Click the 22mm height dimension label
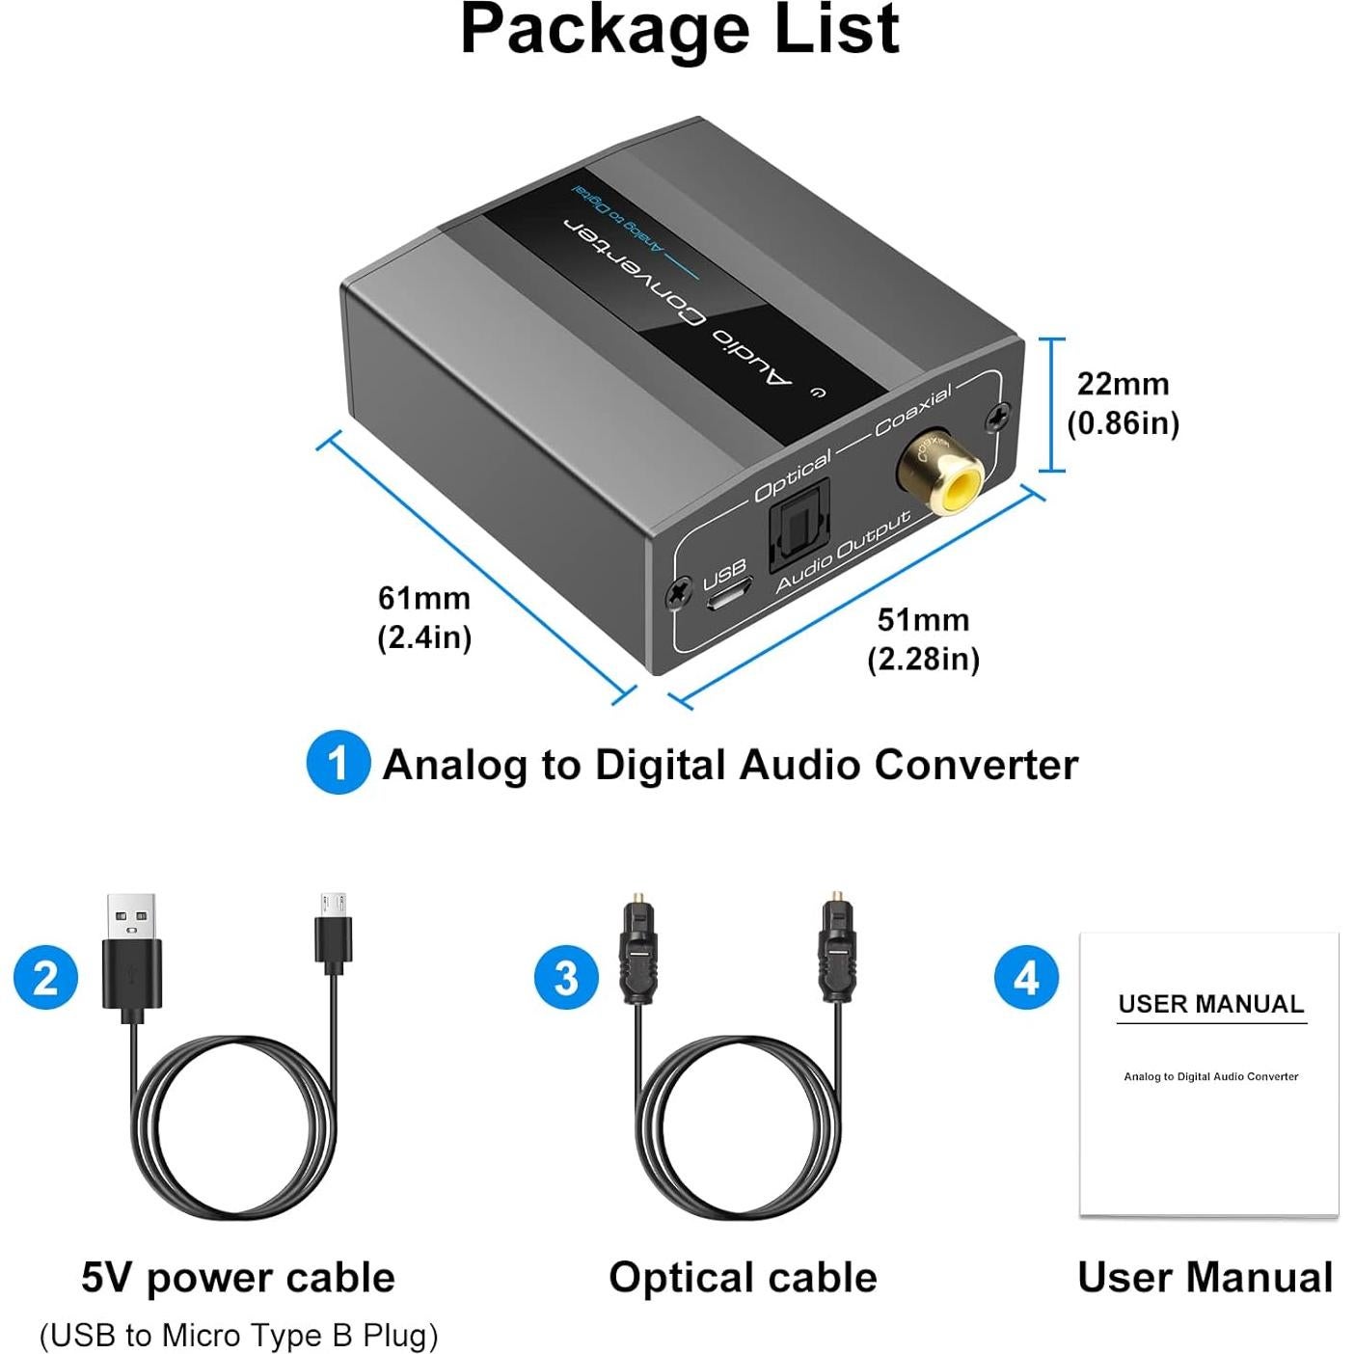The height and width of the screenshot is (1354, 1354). [x=1124, y=402]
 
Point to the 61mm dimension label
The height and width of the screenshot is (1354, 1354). [x=424, y=617]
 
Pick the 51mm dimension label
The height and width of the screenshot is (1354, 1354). [x=923, y=638]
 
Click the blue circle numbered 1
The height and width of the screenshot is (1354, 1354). [x=337, y=763]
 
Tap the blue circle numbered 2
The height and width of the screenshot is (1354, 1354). [x=45, y=977]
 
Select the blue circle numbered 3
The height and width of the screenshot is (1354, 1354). [x=566, y=977]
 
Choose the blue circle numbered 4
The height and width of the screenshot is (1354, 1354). [x=1026, y=977]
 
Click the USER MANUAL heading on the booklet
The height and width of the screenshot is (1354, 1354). [x=1210, y=1004]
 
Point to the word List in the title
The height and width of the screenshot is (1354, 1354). [x=828, y=29]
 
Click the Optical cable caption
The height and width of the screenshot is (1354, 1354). [x=743, y=1277]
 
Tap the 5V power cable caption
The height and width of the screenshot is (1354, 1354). [x=238, y=1277]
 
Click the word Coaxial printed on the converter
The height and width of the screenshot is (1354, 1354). [x=913, y=409]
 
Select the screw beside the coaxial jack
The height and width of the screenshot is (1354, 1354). [x=997, y=416]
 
